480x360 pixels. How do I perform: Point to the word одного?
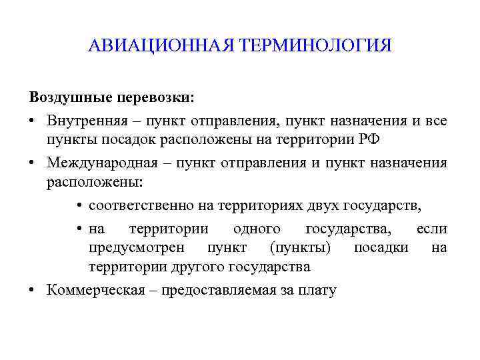pos(257,229)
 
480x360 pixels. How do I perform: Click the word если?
pos(431,229)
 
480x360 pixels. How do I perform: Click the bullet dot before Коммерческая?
pos(33,291)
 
